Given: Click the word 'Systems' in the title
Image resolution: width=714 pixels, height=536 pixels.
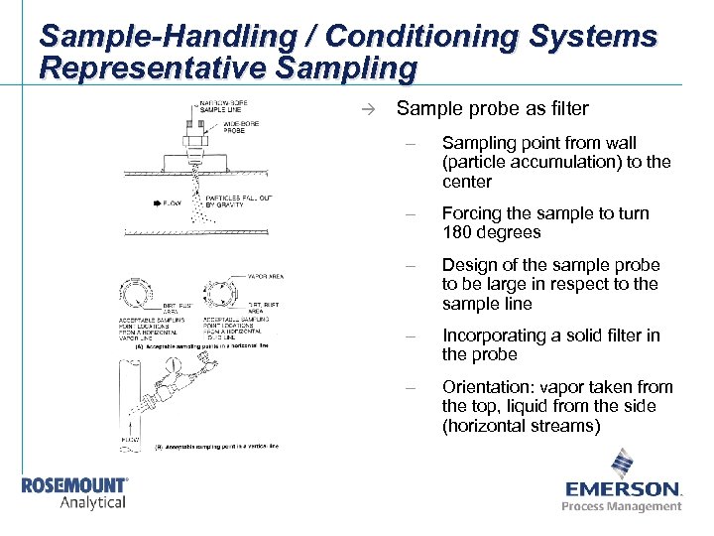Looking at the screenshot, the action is click(x=595, y=38).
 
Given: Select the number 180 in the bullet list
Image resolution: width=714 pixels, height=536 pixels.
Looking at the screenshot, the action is click(x=459, y=233).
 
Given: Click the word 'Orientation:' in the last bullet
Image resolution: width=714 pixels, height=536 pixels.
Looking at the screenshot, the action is click(x=487, y=387).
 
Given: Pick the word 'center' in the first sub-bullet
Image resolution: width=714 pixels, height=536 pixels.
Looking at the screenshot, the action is click(x=467, y=183).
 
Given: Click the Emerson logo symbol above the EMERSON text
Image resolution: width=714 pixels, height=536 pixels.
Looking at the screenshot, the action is click(x=623, y=465).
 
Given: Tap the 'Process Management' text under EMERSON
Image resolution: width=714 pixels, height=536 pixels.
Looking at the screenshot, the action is click(x=622, y=506).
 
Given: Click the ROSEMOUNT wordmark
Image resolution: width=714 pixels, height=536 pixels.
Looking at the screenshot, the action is click(x=74, y=485).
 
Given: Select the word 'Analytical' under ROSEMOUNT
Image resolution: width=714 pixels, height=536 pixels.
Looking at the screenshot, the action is click(x=93, y=502).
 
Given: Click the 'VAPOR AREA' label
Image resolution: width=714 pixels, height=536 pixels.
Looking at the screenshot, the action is click(x=266, y=276).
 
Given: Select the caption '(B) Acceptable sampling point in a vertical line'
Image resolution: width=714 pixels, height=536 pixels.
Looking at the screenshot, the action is click(x=217, y=446).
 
